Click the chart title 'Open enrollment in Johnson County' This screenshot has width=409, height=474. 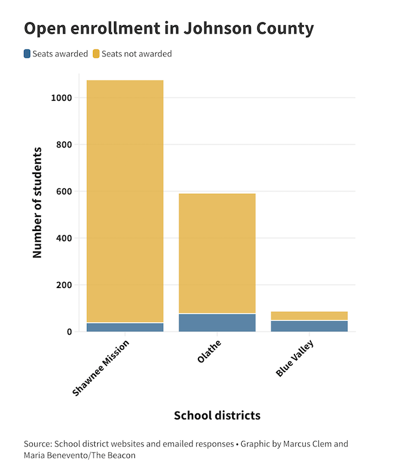click(169, 28)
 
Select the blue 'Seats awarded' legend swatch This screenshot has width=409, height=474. click(27, 54)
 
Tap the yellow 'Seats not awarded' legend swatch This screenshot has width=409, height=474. click(96, 54)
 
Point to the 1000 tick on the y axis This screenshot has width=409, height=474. click(61, 98)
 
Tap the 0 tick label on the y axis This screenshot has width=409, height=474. click(70, 332)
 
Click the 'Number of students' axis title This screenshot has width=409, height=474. click(38, 202)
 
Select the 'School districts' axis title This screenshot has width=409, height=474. click(217, 415)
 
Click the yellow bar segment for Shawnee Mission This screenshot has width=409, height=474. click(125, 201)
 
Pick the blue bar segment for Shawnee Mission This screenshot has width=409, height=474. click(125, 328)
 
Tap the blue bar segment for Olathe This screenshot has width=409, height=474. click(217, 323)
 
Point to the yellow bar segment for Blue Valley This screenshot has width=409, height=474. click(309, 316)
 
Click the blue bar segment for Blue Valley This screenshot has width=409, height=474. click(309, 326)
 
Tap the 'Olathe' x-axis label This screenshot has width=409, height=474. click(209, 352)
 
